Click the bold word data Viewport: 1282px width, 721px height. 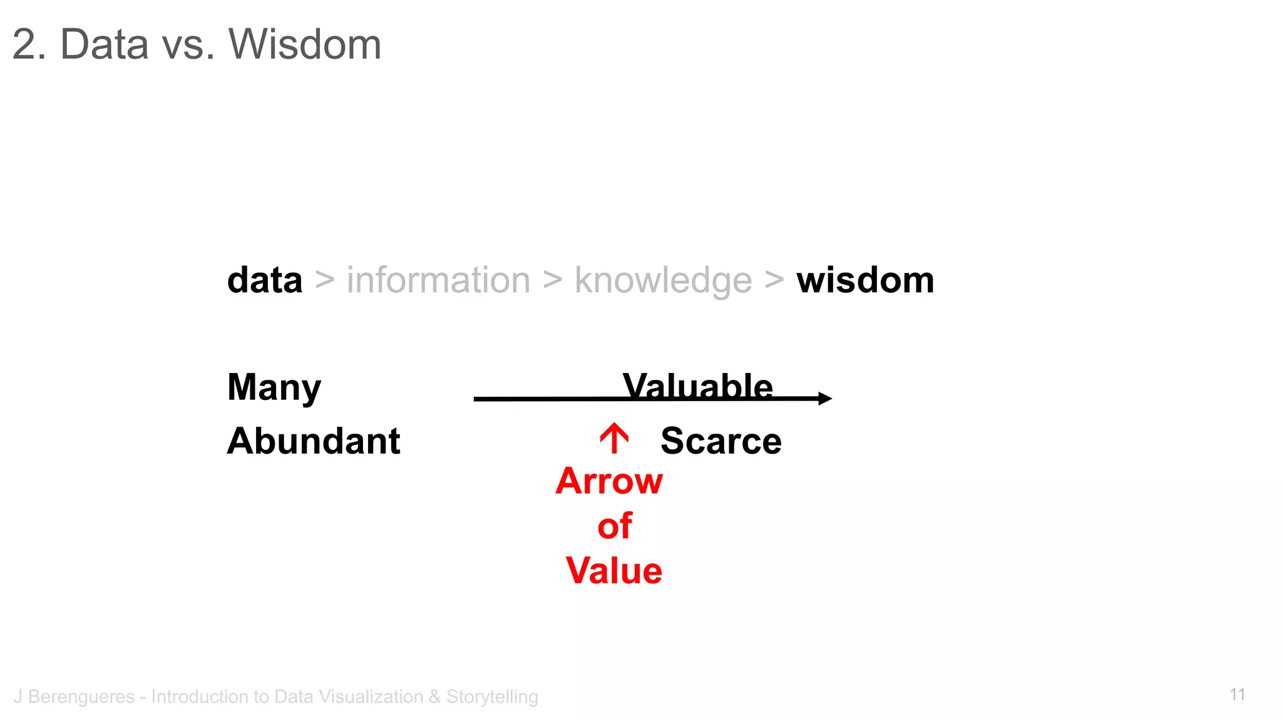[x=265, y=280]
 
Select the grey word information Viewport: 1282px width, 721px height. [x=438, y=280]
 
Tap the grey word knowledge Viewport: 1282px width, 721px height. [x=663, y=281]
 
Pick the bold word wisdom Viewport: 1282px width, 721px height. [x=865, y=280]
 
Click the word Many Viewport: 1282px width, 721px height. [x=274, y=388]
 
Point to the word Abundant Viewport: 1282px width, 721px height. [x=314, y=441]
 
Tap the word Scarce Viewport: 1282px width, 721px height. [x=721, y=441]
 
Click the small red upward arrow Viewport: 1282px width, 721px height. [x=614, y=438]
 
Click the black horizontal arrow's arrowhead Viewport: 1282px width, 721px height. [x=825, y=399]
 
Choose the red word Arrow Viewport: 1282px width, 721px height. [x=609, y=481]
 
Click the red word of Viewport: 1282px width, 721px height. [x=615, y=526]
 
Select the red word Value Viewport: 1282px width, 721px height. [x=613, y=571]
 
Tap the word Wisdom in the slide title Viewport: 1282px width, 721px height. [x=305, y=44]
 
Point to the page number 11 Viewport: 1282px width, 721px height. [x=1237, y=695]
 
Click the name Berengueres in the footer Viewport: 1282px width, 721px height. [x=81, y=697]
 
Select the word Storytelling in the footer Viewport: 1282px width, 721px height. [x=492, y=697]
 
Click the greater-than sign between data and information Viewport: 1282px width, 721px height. [x=324, y=280]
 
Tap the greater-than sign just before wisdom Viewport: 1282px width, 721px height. [x=774, y=280]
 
